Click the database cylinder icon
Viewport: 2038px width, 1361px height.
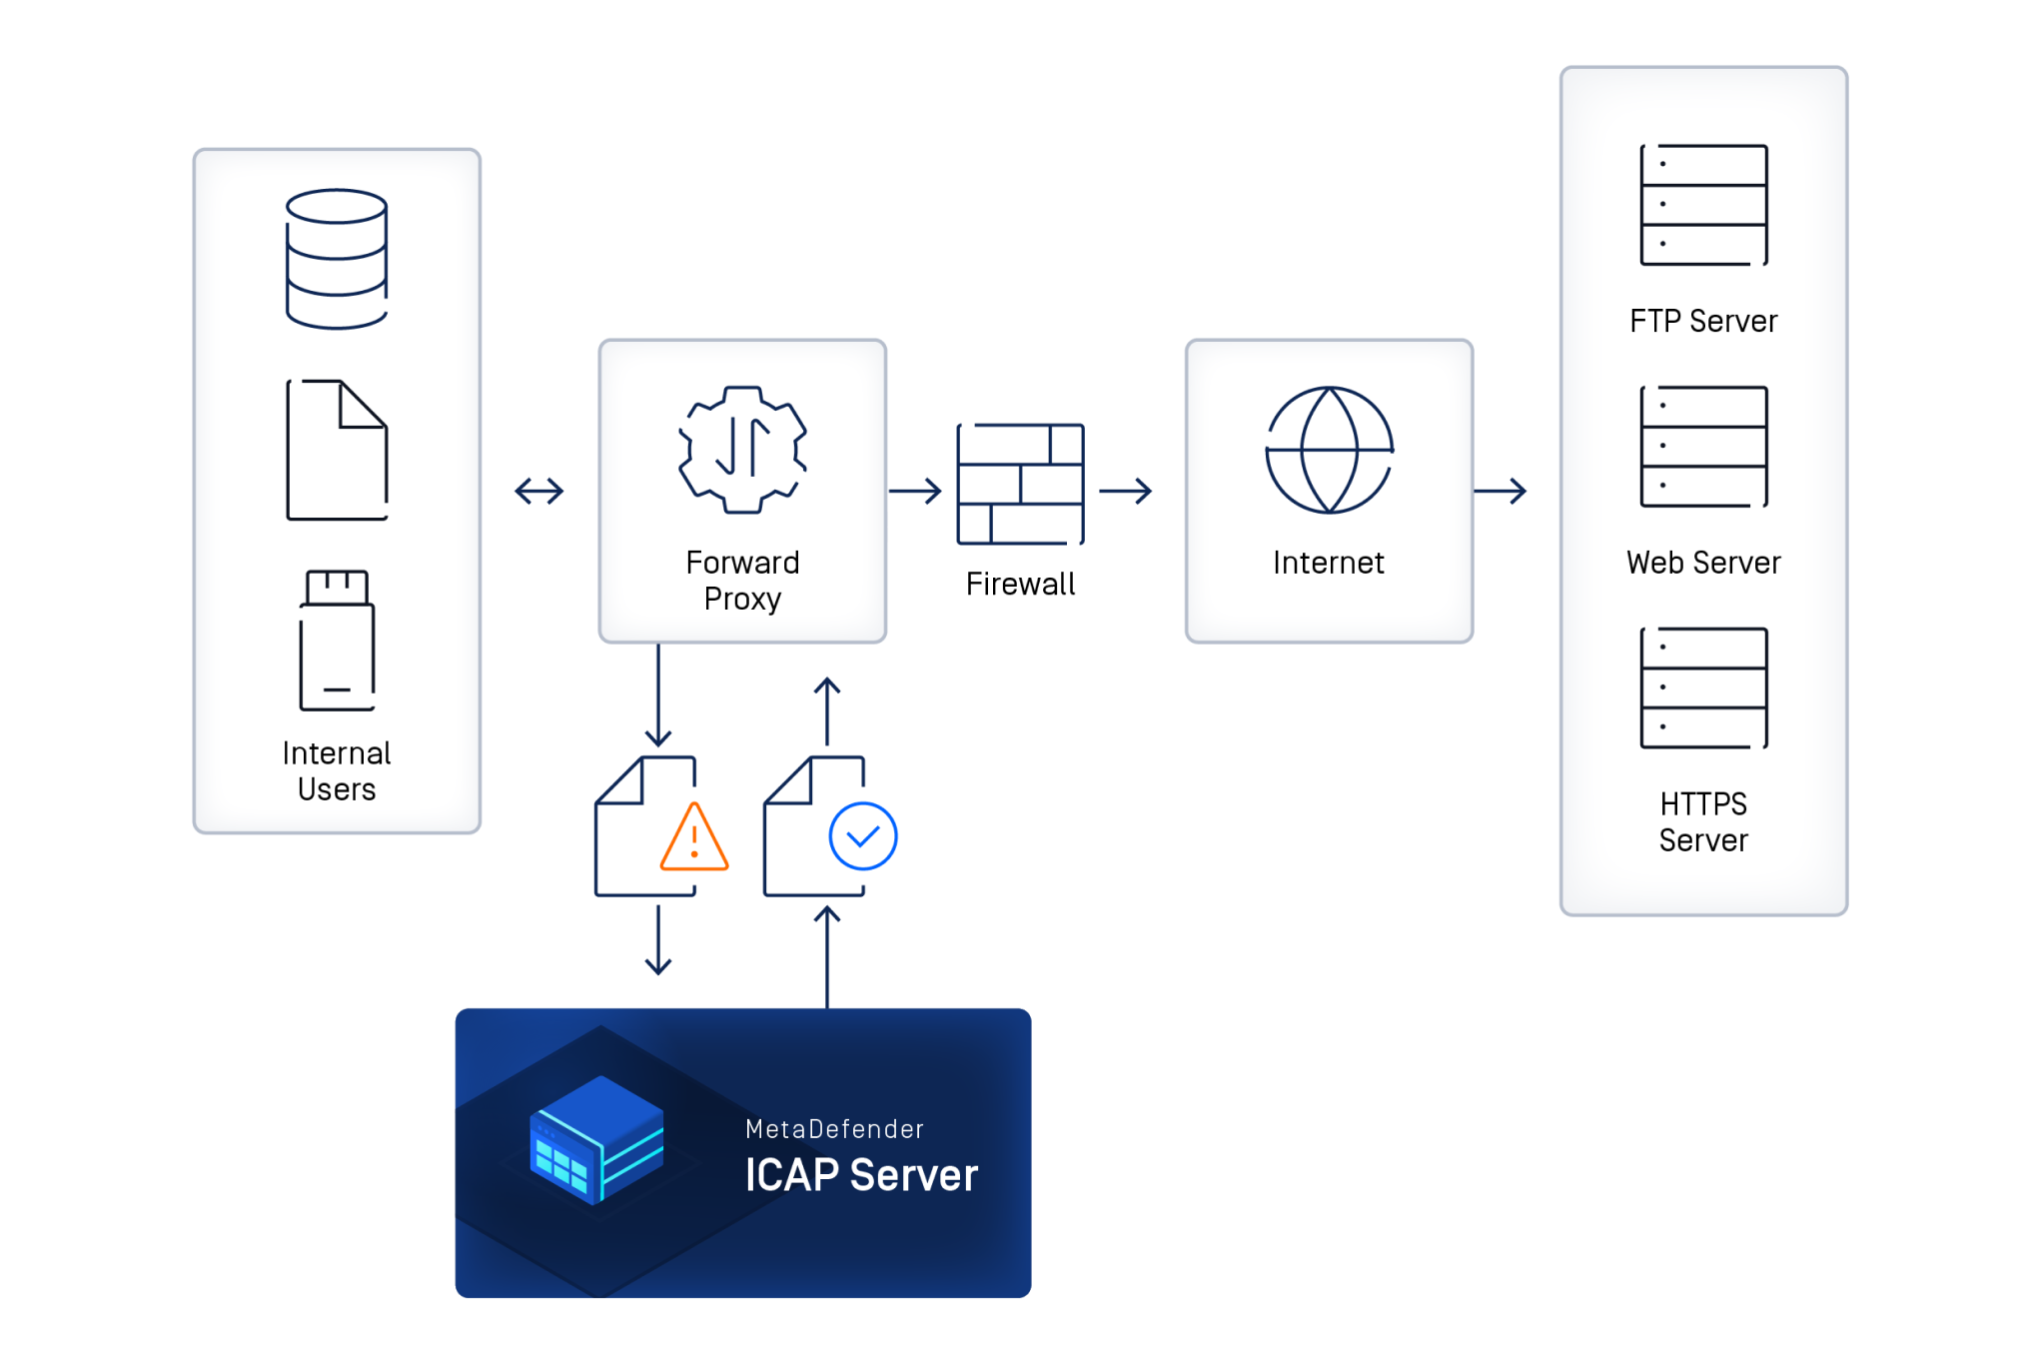[x=337, y=259]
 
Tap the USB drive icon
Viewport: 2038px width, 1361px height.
[x=338, y=641]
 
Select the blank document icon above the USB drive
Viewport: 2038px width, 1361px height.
[x=337, y=450]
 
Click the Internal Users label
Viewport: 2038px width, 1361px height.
[x=337, y=771]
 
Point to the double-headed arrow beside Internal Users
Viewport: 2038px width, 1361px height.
[x=539, y=491]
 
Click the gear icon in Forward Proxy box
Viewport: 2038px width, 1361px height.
[x=742, y=450]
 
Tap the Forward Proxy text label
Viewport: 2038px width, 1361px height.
[x=742, y=581]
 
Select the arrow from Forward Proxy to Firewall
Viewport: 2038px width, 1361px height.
[x=915, y=491]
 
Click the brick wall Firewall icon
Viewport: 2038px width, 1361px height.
[x=1020, y=484]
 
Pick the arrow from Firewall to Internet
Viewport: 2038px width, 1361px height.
[x=1125, y=491]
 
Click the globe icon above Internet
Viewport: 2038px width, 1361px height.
[x=1329, y=450]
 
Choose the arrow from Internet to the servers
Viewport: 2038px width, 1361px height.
[x=1500, y=491]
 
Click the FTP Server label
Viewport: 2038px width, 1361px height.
[x=1703, y=321]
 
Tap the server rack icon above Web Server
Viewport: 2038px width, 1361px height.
[x=1703, y=447]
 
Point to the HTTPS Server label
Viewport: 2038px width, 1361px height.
[x=1703, y=822]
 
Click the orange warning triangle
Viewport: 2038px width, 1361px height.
[x=694, y=838]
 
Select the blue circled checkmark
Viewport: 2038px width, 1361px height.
[x=862, y=836]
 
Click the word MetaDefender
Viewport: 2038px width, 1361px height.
[x=834, y=1129]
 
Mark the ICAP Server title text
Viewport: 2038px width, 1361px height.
[x=861, y=1175]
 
